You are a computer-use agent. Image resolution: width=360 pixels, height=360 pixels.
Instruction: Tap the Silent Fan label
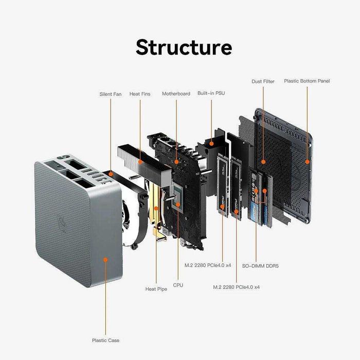[x=110, y=94]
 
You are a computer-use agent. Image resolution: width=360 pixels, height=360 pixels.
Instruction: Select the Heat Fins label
[x=140, y=94]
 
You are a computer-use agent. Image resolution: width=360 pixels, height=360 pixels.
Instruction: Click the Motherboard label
[x=176, y=94]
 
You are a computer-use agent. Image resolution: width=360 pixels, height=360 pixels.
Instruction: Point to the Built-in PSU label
[x=211, y=94]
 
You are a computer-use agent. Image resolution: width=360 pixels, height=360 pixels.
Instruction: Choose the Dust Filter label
[x=263, y=81]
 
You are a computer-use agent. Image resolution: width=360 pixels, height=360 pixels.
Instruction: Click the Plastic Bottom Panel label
[x=307, y=81]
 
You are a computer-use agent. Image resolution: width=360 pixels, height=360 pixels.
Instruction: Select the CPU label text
[x=178, y=284]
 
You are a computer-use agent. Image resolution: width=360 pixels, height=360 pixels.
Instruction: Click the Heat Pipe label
[x=156, y=289]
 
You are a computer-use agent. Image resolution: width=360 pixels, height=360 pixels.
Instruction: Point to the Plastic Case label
[x=105, y=340]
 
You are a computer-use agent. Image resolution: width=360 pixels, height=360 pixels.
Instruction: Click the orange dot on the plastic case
[x=105, y=260]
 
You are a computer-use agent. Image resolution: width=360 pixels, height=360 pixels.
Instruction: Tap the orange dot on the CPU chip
[x=178, y=204]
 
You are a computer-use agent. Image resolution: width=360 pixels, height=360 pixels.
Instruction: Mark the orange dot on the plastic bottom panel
[x=308, y=161]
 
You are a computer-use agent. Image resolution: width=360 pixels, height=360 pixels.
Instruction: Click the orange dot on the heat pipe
[x=156, y=208]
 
